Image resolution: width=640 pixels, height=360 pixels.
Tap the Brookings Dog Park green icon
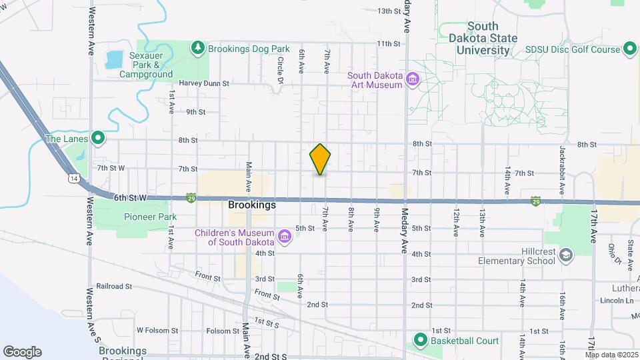point(198,48)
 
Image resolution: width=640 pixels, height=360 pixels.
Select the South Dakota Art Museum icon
point(413,80)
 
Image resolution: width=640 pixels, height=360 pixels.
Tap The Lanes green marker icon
point(98,139)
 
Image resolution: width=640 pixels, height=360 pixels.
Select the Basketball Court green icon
point(420,341)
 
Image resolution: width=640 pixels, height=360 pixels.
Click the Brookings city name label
point(252,205)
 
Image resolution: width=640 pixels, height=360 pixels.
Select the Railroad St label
point(115,286)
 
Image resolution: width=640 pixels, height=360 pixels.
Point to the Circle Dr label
point(281,70)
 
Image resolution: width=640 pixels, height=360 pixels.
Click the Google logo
point(22,351)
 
